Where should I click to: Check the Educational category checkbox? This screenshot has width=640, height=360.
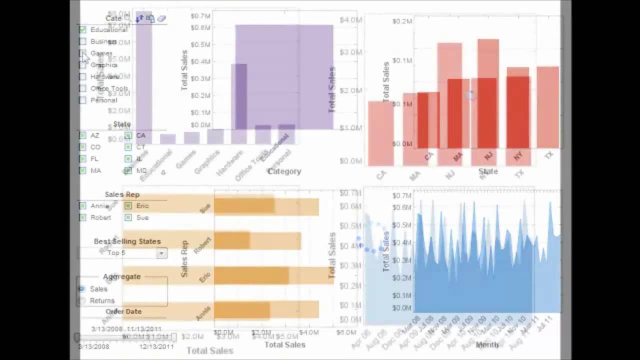click(x=82, y=29)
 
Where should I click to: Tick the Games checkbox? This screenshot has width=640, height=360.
click(x=82, y=53)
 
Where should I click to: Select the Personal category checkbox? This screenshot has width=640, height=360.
click(x=82, y=100)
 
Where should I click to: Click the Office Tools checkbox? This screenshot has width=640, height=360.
click(x=82, y=88)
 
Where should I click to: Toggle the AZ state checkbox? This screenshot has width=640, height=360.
click(x=82, y=135)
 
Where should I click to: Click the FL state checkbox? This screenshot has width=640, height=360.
click(x=82, y=158)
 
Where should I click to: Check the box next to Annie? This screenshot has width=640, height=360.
click(x=82, y=205)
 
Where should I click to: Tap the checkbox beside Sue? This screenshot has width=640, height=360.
click(x=128, y=217)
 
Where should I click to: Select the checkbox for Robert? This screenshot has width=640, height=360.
click(x=82, y=217)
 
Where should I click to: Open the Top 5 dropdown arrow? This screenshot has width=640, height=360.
click(x=161, y=253)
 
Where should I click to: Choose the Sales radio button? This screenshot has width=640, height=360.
click(x=82, y=288)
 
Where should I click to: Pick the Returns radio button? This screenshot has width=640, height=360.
click(x=82, y=300)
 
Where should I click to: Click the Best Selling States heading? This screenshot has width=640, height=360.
click(x=127, y=241)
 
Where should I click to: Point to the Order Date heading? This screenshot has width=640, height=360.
click(x=123, y=311)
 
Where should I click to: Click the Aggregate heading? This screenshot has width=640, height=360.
click(x=121, y=276)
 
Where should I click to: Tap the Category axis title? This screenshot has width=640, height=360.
click(x=284, y=171)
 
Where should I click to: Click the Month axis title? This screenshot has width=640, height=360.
click(x=487, y=344)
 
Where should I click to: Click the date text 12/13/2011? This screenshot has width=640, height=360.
click(x=156, y=346)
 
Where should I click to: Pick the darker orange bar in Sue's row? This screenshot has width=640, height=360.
click(x=243, y=206)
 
